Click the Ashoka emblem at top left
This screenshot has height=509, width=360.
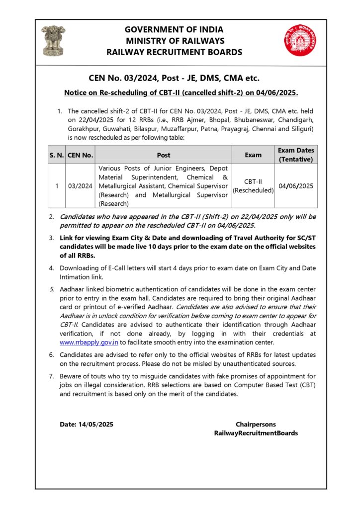[x=53, y=40]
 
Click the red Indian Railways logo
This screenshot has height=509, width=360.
[x=297, y=40]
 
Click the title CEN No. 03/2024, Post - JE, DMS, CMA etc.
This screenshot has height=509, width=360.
[x=174, y=78]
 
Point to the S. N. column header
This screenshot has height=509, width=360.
[x=56, y=155]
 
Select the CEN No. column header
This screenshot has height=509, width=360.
[x=80, y=155]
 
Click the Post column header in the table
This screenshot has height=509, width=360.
[x=163, y=155]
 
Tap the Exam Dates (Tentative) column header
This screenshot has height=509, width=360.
[x=296, y=155]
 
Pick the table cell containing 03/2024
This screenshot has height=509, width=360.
[x=80, y=186]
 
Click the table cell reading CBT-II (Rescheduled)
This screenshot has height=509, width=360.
[x=253, y=186]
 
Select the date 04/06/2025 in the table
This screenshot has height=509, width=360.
[x=296, y=186]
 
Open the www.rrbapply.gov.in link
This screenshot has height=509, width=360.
[x=89, y=342]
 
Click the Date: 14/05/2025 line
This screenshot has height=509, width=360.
[x=87, y=424]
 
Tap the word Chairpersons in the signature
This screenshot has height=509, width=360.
[x=256, y=424]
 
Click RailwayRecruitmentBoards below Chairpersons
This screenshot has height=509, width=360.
[x=256, y=433]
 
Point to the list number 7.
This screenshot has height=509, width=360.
[x=51, y=376]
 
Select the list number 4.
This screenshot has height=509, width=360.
[x=51, y=268]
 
